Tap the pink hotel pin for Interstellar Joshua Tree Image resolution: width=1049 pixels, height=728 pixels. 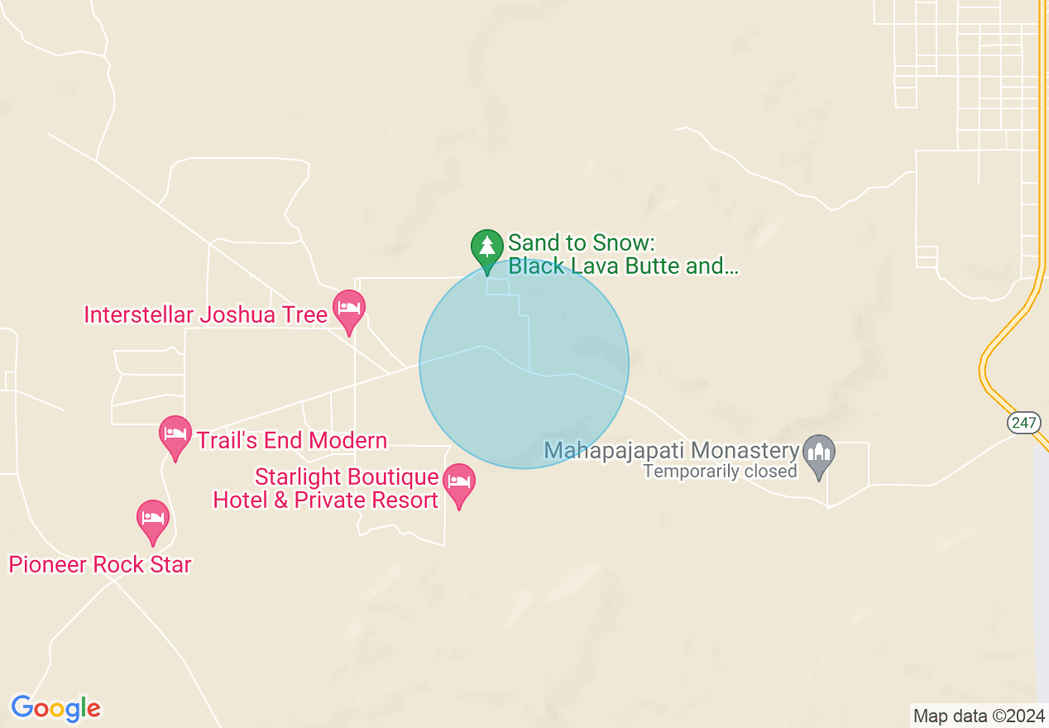click(x=349, y=309)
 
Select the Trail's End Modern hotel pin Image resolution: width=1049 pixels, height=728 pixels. click(x=175, y=434)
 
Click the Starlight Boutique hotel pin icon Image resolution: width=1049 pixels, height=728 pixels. click(x=459, y=482)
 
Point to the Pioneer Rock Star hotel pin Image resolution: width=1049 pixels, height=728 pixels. click(x=152, y=519)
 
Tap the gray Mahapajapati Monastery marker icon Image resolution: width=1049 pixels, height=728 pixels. click(x=819, y=453)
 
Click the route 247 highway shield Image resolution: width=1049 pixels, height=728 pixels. click(x=1023, y=423)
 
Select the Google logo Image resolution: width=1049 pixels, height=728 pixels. click(x=55, y=708)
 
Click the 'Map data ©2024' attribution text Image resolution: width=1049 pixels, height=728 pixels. click(x=979, y=716)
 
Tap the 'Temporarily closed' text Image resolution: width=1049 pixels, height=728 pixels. click(x=720, y=472)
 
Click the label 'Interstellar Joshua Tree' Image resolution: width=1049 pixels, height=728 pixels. click(x=206, y=315)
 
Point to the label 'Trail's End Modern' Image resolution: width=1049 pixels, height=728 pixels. click(x=291, y=440)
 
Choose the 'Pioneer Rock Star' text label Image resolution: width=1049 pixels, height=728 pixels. click(x=100, y=564)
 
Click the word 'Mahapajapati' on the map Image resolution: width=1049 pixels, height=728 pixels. click(x=614, y=451)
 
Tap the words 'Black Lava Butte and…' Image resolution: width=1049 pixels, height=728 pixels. click(x=623, y=266)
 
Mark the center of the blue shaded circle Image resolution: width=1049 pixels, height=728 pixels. click(x=524, y=364)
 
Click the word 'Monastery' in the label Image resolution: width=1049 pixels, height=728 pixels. click(x=744, y=451)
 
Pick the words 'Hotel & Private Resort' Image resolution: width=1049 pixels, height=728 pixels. click(x=326, y=500)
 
